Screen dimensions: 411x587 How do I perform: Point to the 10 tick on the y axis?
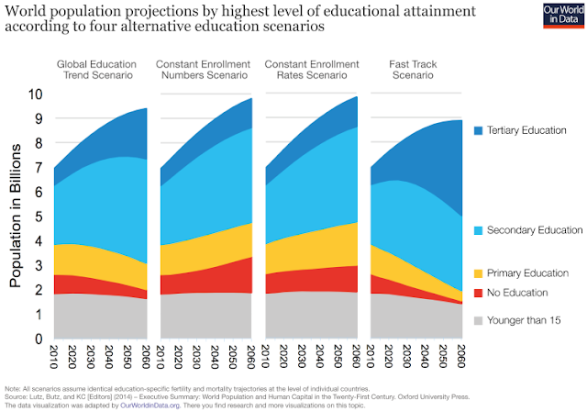pyautogui.click(x=35, y=94)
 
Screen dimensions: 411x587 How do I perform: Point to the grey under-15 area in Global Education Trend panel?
pyautogui.click(x=96, y=317)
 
